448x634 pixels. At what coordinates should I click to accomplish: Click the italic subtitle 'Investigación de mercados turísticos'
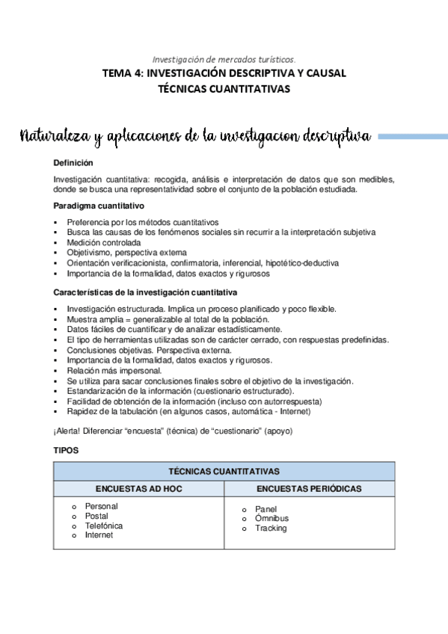click(224, 58)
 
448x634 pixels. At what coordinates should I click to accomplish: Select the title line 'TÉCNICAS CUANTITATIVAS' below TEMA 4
click(224, 88)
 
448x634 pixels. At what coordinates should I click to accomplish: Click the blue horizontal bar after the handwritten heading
click(413, 136)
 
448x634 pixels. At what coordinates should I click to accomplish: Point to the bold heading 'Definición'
click(73, 162)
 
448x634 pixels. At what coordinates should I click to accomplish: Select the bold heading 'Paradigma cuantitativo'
click(99, 206)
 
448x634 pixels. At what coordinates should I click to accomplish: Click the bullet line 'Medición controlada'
click(103, 243)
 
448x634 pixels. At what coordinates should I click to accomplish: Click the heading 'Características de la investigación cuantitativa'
click(146, 292)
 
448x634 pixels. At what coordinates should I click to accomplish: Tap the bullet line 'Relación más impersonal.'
click(114, 370)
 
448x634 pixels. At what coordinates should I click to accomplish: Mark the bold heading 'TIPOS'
click(66, 452)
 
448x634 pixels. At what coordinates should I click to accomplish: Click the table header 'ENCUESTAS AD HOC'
click(139, 488)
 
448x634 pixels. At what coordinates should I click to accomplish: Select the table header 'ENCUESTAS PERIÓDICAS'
click(309, 488)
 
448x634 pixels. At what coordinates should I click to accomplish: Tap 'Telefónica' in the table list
click(104, 526)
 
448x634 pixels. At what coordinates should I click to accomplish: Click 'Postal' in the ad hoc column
click(96, 516)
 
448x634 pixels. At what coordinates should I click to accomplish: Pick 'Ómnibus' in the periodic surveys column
click(271, 518)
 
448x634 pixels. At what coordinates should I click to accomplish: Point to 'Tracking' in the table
click(271, 528)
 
